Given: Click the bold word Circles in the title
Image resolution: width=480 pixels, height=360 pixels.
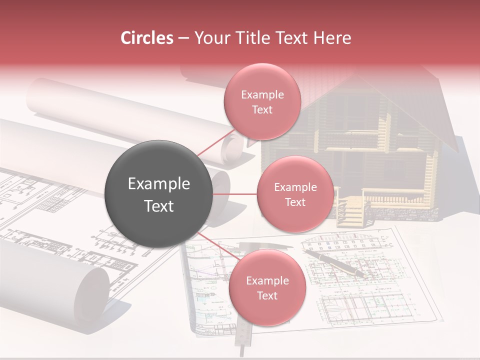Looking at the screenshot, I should click(x=146, y=38).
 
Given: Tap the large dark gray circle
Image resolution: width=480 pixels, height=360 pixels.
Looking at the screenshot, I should click(x=159, y=194).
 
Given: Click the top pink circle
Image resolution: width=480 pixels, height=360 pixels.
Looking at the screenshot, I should click(x=262, y=101).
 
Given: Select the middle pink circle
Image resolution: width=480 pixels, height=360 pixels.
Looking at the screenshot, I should click(x=295, y=194).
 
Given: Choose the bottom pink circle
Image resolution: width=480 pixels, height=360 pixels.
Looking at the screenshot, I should click(x=267, y=288).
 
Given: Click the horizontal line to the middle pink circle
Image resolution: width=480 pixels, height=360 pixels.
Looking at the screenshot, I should click(x=235, y=194).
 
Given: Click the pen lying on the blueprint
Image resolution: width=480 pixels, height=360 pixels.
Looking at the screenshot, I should click(x=337, y=263).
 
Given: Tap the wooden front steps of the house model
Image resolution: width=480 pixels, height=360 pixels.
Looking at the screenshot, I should click(x=349, y=212).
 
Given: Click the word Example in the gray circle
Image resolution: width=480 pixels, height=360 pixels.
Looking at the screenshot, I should click(x=159, y=184).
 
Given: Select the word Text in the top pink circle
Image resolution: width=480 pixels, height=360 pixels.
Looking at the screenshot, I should click(x=262, y=109).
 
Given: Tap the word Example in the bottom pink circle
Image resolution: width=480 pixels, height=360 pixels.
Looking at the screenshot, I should click(x=267, y=280).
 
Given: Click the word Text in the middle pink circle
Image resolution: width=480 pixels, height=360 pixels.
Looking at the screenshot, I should click(x=295, y=202).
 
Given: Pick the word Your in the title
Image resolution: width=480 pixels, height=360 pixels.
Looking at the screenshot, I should click(x=210, y=38).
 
